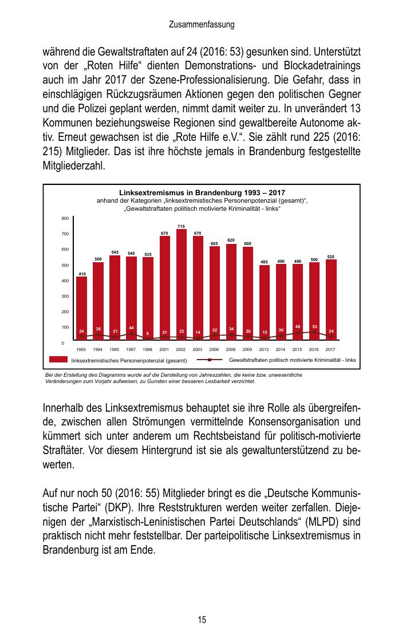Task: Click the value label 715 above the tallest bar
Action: point(181,227)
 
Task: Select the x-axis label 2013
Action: point(264,349)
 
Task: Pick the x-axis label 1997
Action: point(131,349)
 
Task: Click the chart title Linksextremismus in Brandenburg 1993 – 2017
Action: point(202,192)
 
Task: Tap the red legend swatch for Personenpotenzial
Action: point(58,360)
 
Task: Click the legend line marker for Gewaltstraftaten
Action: point(210,360)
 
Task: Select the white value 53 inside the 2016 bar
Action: point(314,326)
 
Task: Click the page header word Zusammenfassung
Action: point(202,25)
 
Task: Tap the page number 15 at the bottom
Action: point(202,620)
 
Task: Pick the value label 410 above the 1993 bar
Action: point(82,274)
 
